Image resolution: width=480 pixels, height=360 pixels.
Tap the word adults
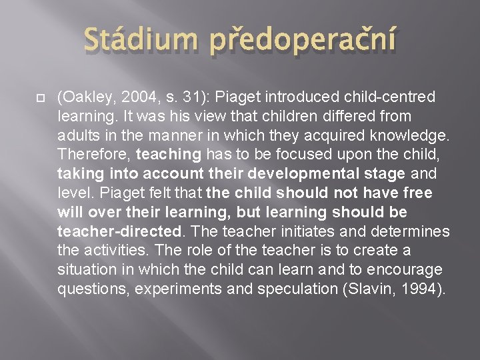tap(76, 136)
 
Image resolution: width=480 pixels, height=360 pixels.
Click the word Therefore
tap(93, 155)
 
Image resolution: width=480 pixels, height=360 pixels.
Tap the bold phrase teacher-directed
tap(120, 231)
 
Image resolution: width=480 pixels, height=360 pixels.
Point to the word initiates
tap(311, 231)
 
